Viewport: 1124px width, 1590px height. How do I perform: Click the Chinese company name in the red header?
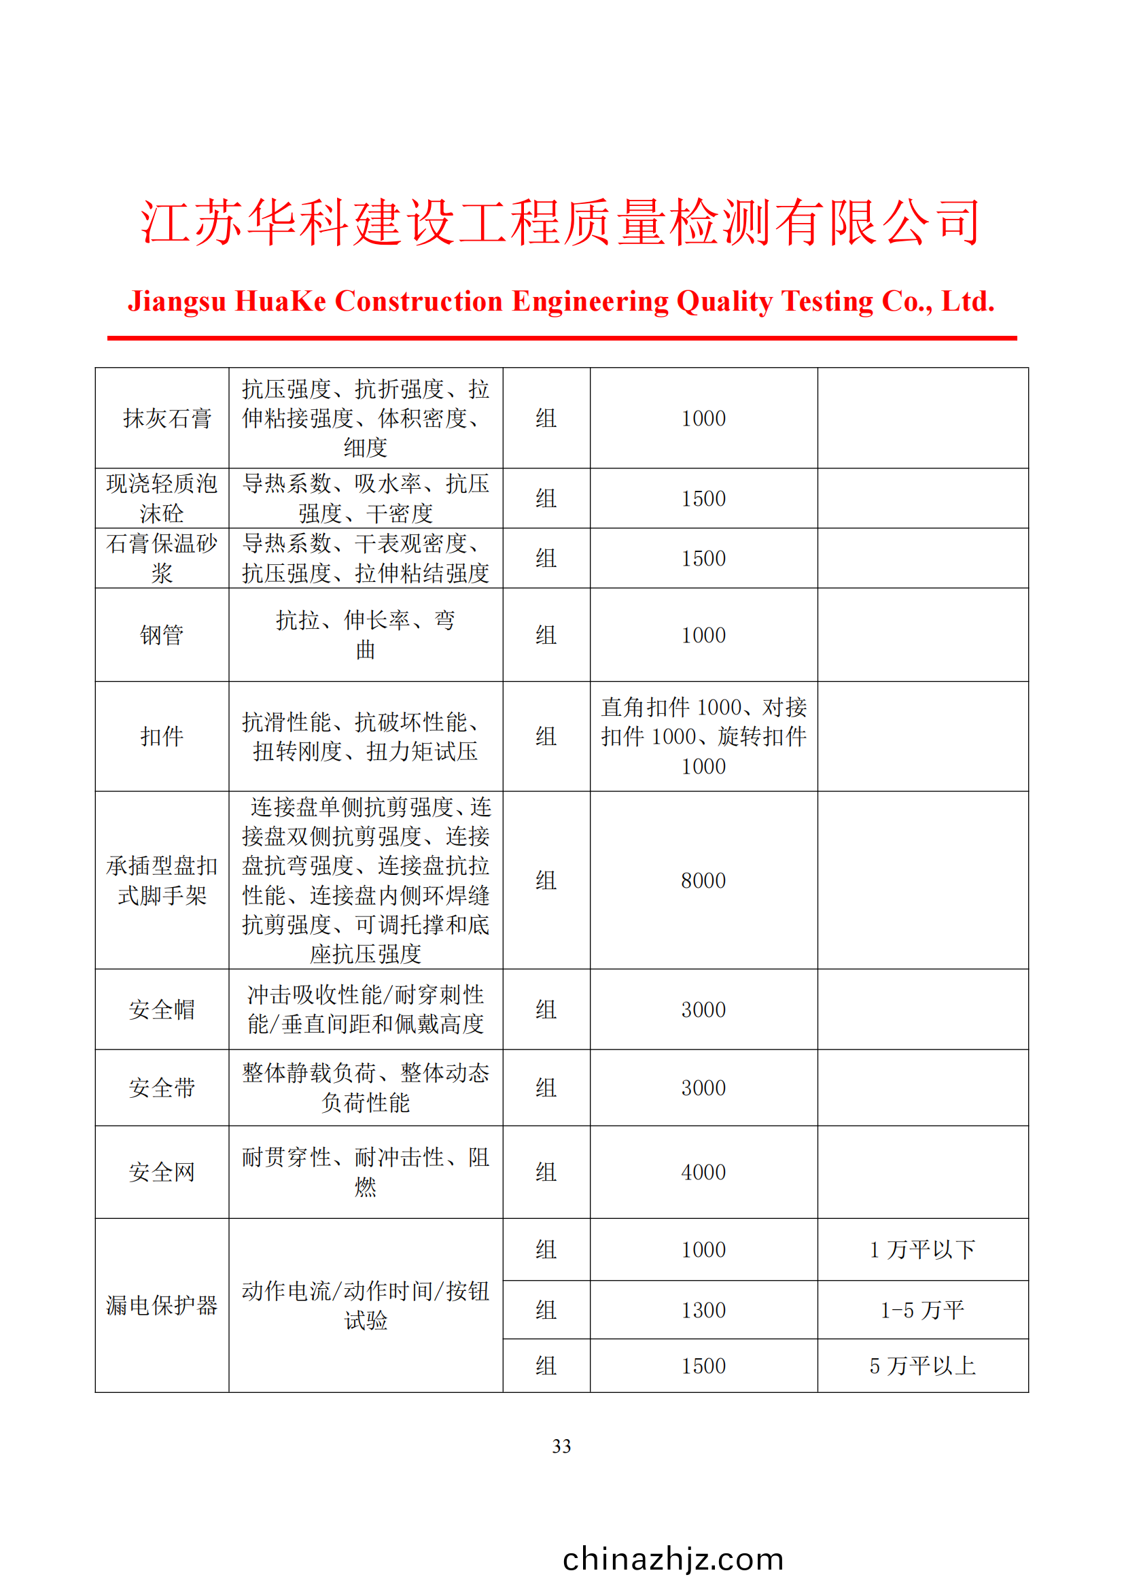(561, 222)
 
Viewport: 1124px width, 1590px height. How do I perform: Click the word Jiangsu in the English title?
(177, 302)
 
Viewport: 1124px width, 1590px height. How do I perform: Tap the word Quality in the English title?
(724, 302)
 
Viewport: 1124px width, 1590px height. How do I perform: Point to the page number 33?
(561, 1446)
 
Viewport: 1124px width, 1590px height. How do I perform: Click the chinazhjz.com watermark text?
(673, 1559)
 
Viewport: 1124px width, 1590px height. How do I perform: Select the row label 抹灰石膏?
(166, 418)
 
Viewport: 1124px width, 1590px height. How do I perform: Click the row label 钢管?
(161, 635)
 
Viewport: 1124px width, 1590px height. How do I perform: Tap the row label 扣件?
(161, 736)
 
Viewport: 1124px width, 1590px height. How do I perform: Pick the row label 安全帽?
(161, 1009)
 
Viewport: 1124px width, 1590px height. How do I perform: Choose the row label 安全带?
(161, 1088)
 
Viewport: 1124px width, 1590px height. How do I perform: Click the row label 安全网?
(161, 1173)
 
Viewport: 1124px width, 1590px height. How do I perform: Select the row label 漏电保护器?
(161, 1305)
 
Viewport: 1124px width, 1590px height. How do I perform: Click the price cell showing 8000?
(703, 881)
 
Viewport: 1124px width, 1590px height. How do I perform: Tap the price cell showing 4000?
(703, 1173)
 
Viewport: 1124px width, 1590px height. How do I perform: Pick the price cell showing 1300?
(703, 1310)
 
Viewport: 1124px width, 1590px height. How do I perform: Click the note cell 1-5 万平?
(922, 1310)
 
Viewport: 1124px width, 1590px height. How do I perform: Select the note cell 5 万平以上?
(922, 1366)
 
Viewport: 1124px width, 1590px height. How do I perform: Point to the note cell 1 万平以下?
(922, 1250)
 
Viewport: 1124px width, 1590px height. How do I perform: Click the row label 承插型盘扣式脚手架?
(161, 881)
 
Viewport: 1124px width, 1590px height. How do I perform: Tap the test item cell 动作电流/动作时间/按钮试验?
(366, 1305)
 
